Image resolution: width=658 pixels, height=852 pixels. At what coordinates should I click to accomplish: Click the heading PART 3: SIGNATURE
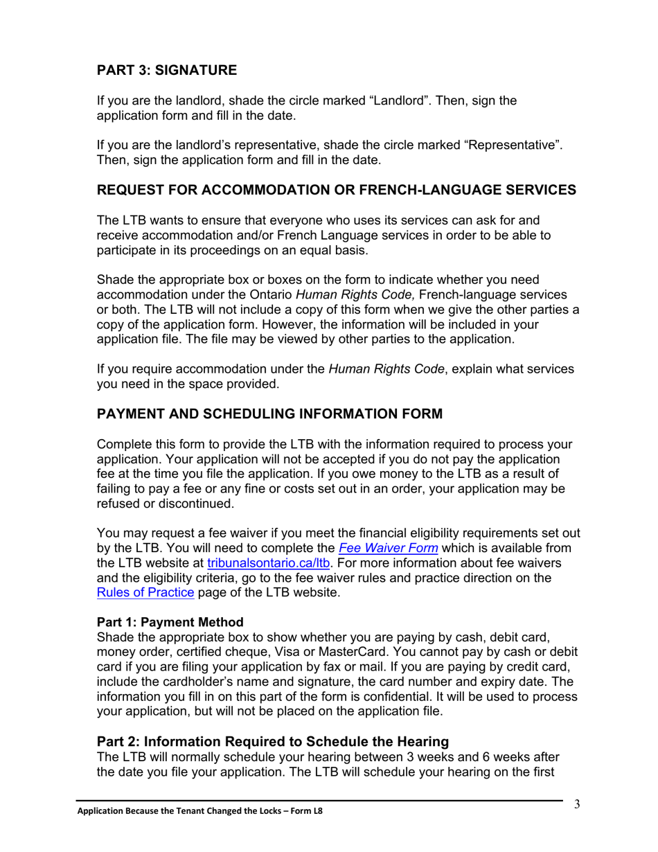point(166,71)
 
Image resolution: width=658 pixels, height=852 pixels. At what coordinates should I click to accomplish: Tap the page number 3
point(576,804)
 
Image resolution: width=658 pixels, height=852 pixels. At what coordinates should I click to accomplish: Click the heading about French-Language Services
point(336,190)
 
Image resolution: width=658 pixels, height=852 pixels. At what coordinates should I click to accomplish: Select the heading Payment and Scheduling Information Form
point(269,414)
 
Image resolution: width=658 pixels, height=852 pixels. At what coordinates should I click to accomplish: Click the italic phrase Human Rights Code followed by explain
point(386,369)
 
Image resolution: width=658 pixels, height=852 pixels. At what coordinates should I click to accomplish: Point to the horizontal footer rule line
point(319,801)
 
